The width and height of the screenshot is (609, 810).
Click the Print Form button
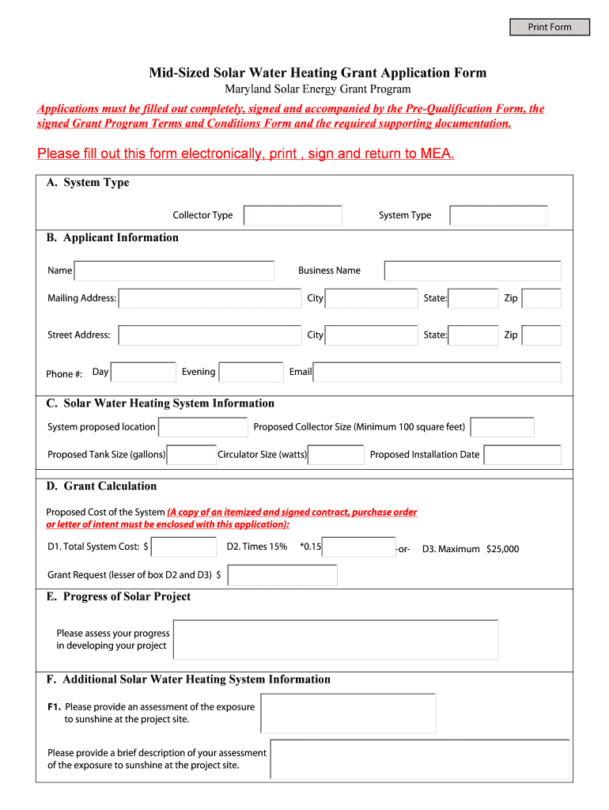coord(550,27)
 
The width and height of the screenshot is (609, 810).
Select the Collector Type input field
coord(293,215)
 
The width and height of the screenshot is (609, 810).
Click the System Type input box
coord(498,215)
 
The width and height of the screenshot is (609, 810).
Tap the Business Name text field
coord(472,271)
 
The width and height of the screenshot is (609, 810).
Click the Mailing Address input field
coord(210,298)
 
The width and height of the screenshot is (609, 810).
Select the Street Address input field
coord(210,335)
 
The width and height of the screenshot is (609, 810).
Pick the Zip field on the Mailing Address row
coord(542,298)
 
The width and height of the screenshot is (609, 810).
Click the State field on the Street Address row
coord(473,335)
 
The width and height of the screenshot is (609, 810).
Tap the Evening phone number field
coord(251,373)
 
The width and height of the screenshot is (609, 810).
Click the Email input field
coord(437,373)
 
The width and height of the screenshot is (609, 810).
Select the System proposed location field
coord(203,427)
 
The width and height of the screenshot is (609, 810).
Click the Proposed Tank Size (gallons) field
coord(191,455)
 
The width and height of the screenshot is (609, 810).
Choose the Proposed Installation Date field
coord(522,455)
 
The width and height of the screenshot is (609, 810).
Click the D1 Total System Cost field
coord(183,547)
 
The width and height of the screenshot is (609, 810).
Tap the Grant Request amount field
coord(281,575)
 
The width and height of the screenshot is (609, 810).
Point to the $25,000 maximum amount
coord(503,549)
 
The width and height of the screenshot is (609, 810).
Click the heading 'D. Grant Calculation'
coord(101,486)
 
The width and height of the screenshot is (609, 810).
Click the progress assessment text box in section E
coord(335,639)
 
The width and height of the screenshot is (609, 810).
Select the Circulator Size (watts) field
coord(336,455)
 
